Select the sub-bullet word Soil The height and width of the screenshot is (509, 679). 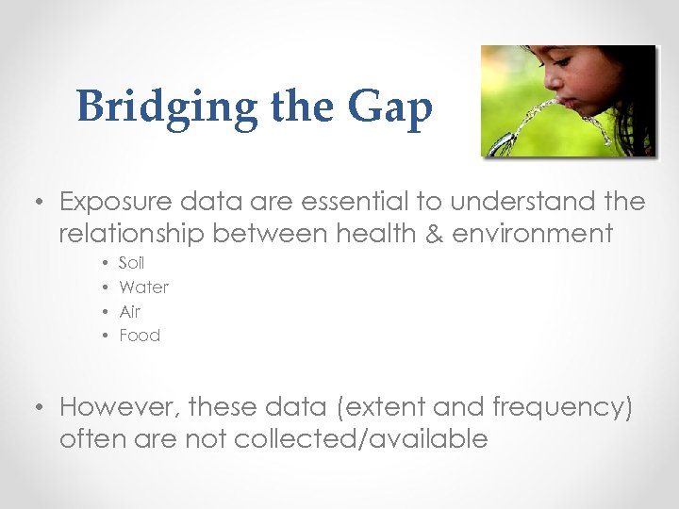click(132, 263)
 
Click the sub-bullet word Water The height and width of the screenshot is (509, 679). click(143, 287)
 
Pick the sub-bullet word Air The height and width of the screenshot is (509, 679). click(129, 311)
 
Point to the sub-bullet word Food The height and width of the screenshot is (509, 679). click(140, 336)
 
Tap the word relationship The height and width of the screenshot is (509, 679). click(131, 232)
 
